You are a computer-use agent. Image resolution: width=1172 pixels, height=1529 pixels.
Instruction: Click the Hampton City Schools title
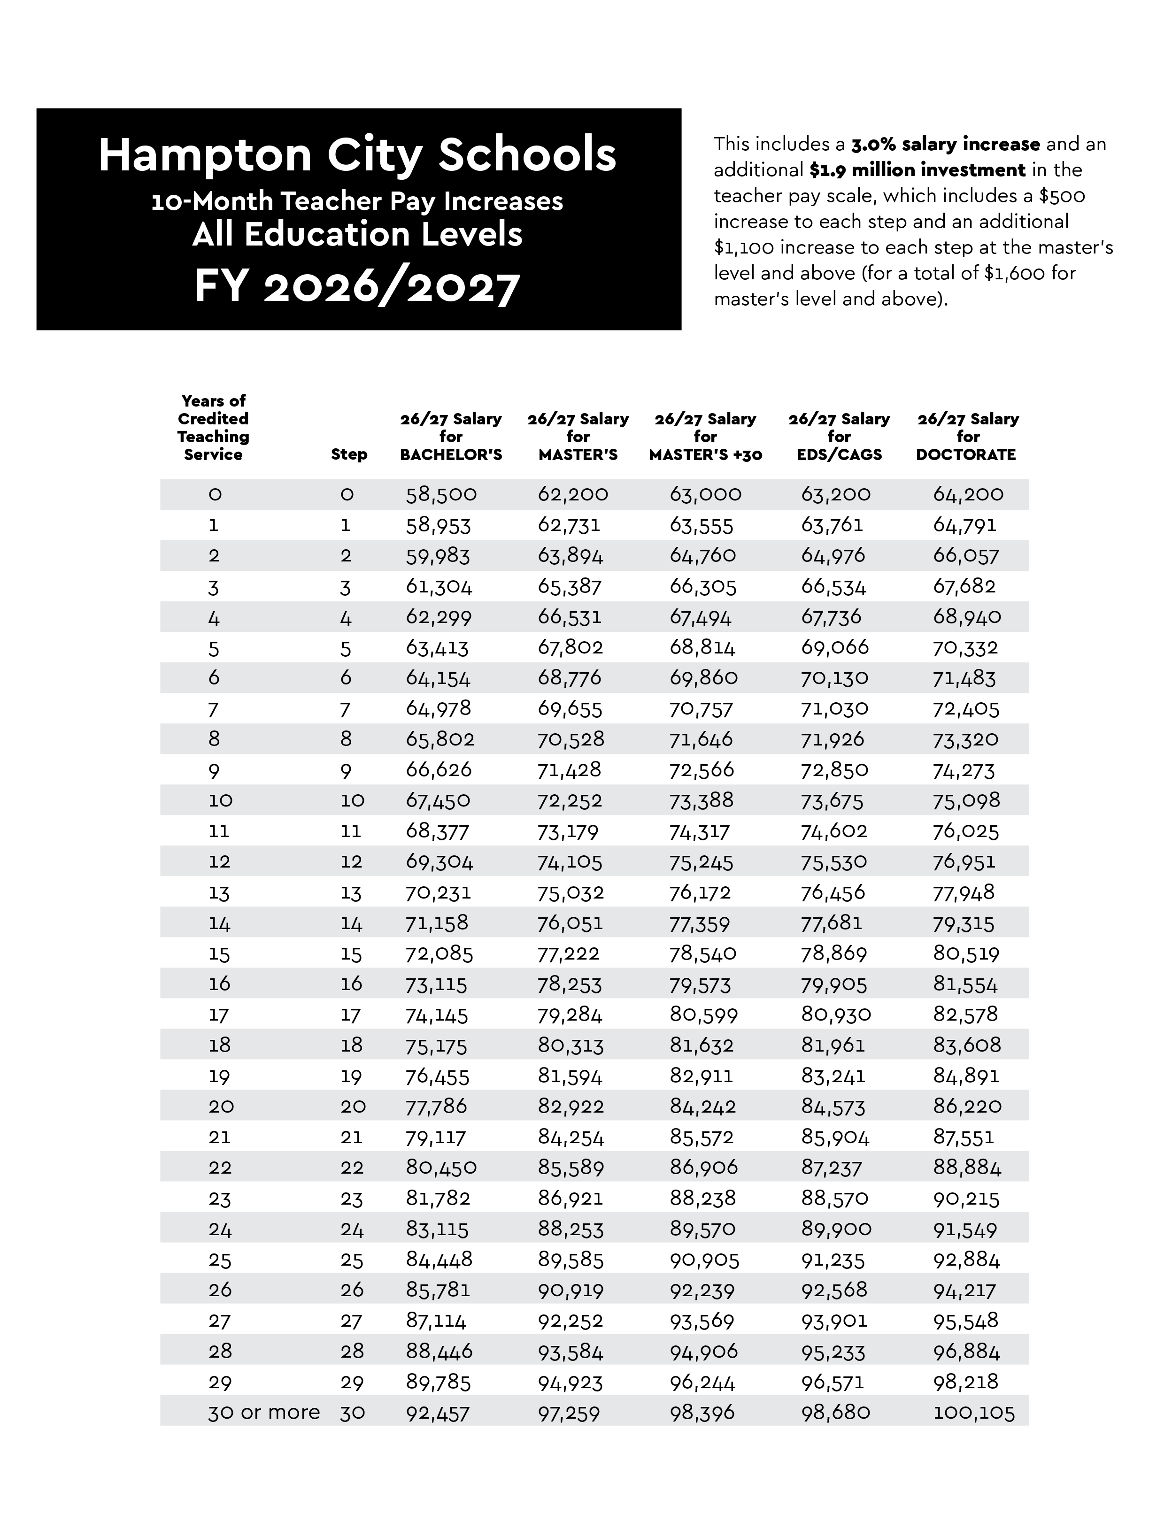pos(357,155)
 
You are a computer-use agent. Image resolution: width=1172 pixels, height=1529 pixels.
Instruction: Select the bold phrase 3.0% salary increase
pos(945,145)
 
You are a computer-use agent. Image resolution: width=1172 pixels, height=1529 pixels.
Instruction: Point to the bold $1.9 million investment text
pos(918,170)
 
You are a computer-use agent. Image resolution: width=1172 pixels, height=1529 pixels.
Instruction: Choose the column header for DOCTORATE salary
pos(968,437)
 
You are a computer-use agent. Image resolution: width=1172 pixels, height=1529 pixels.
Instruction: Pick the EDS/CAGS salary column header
pos(839,437)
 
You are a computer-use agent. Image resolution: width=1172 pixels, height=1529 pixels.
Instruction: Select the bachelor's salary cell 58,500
pos(441,494)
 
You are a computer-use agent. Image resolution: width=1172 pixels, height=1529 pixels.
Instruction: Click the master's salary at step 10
pos(569,801)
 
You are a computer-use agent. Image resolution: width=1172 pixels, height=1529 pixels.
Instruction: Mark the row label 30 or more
pos(264,1413)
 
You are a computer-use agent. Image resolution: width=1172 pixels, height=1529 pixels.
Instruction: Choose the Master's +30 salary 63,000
pos(705,494)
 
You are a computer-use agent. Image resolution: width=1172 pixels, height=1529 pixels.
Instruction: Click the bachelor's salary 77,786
pos(437,1106)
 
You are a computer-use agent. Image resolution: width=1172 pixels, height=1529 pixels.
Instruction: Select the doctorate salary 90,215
pos(966,1199)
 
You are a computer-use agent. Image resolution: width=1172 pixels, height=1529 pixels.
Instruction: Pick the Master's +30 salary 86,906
pos(703,1168)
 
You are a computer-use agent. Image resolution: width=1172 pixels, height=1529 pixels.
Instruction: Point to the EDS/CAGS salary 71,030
pos(834,709)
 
